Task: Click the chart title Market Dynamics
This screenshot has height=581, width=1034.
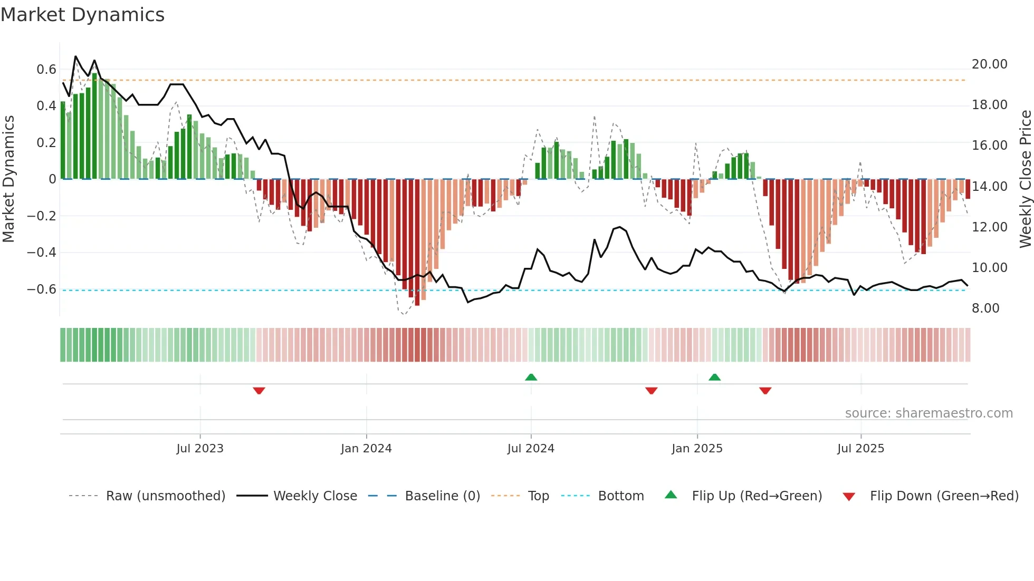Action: (x=82, y=15)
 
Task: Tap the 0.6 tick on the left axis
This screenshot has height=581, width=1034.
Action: (x=46, y=70)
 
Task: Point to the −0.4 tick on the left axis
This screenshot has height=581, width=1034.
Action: (x=42, y=253)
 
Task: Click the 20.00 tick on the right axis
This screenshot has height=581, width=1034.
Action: (x=989, y=64)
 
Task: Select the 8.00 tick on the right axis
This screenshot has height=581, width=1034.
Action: (x=985, y=308)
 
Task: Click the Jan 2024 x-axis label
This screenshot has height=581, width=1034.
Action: (x=366, y=449)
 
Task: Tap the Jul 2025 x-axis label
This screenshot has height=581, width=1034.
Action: (x=860, y=449)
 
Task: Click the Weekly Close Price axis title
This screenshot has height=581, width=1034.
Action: (x=1025, y=179)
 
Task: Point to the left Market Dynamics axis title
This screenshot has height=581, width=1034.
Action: (x=8, y=179)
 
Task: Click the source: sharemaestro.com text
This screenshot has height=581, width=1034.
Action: (x=928, y=413)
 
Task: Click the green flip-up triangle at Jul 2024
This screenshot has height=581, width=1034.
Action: (x=531, y=377)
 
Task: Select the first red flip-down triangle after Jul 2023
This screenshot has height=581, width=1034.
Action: (x=259, y=391)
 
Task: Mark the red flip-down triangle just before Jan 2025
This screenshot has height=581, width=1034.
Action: (x=652, y=391)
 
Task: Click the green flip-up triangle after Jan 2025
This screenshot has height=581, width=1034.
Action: (x=715, y=377)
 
